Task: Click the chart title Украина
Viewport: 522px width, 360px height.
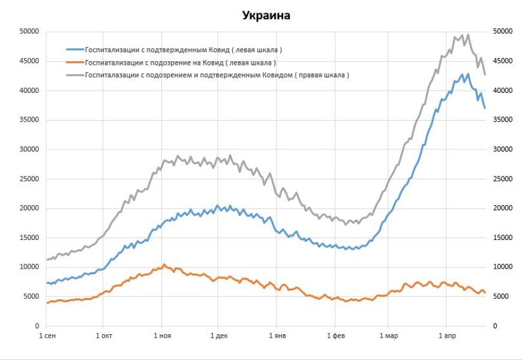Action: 266,16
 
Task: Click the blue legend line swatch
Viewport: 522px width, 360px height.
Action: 74,49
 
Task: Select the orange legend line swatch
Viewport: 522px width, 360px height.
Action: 74,62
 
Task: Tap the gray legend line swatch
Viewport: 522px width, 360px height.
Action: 74,76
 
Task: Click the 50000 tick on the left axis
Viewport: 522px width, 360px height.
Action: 29,31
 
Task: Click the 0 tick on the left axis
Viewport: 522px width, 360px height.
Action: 37,326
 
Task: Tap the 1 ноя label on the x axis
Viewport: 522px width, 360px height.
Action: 162,336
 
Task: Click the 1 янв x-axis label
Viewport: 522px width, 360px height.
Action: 277,336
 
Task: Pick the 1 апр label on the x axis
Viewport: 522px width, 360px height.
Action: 448,336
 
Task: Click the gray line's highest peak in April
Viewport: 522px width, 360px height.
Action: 468,35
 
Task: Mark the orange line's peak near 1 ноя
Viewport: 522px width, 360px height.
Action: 164,264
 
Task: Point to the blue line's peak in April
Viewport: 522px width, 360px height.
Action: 462,74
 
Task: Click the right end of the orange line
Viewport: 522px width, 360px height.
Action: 485,293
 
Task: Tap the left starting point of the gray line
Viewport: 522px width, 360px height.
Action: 46,260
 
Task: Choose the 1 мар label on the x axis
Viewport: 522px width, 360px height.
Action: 390,336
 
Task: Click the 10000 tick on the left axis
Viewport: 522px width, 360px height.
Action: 29,267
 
